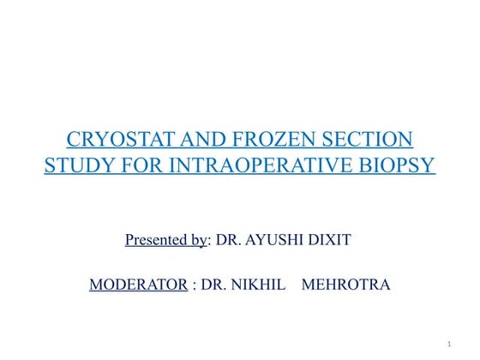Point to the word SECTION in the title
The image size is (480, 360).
pos(366,139)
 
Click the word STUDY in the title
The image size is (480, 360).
pos(77,163)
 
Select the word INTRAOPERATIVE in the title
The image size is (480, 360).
pos(262,163)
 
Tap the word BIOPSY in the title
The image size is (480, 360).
pos(399,163)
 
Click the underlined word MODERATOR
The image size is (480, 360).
pos(138,285)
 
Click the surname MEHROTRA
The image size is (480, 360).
pos(346,285)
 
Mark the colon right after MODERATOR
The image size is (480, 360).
pos(195,285)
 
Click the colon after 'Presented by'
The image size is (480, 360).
pos(209,241)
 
